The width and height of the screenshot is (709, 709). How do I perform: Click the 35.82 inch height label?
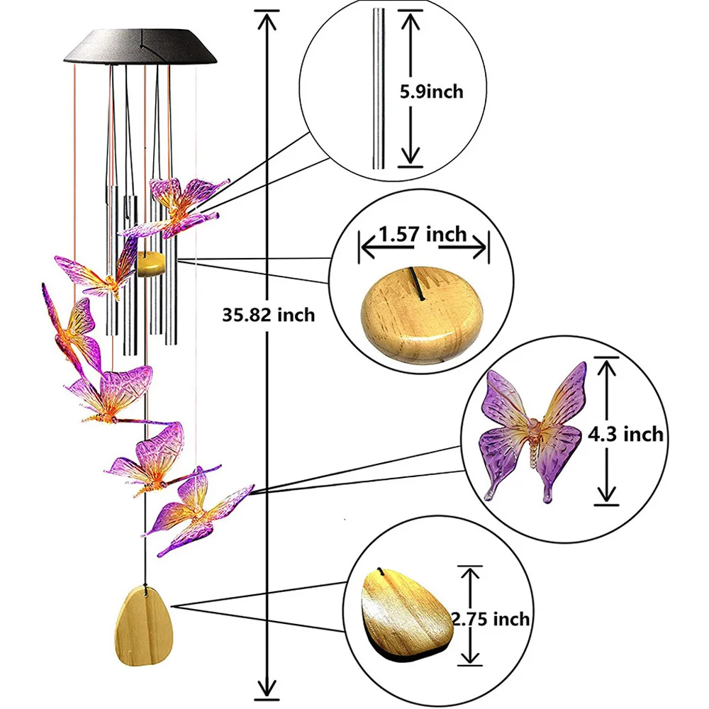pos(268,315)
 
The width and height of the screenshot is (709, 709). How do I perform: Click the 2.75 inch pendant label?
pos(491,618)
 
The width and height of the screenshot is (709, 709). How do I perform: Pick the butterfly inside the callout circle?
pos(532,432)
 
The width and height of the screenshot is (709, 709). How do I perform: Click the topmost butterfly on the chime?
pos(181,206)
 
